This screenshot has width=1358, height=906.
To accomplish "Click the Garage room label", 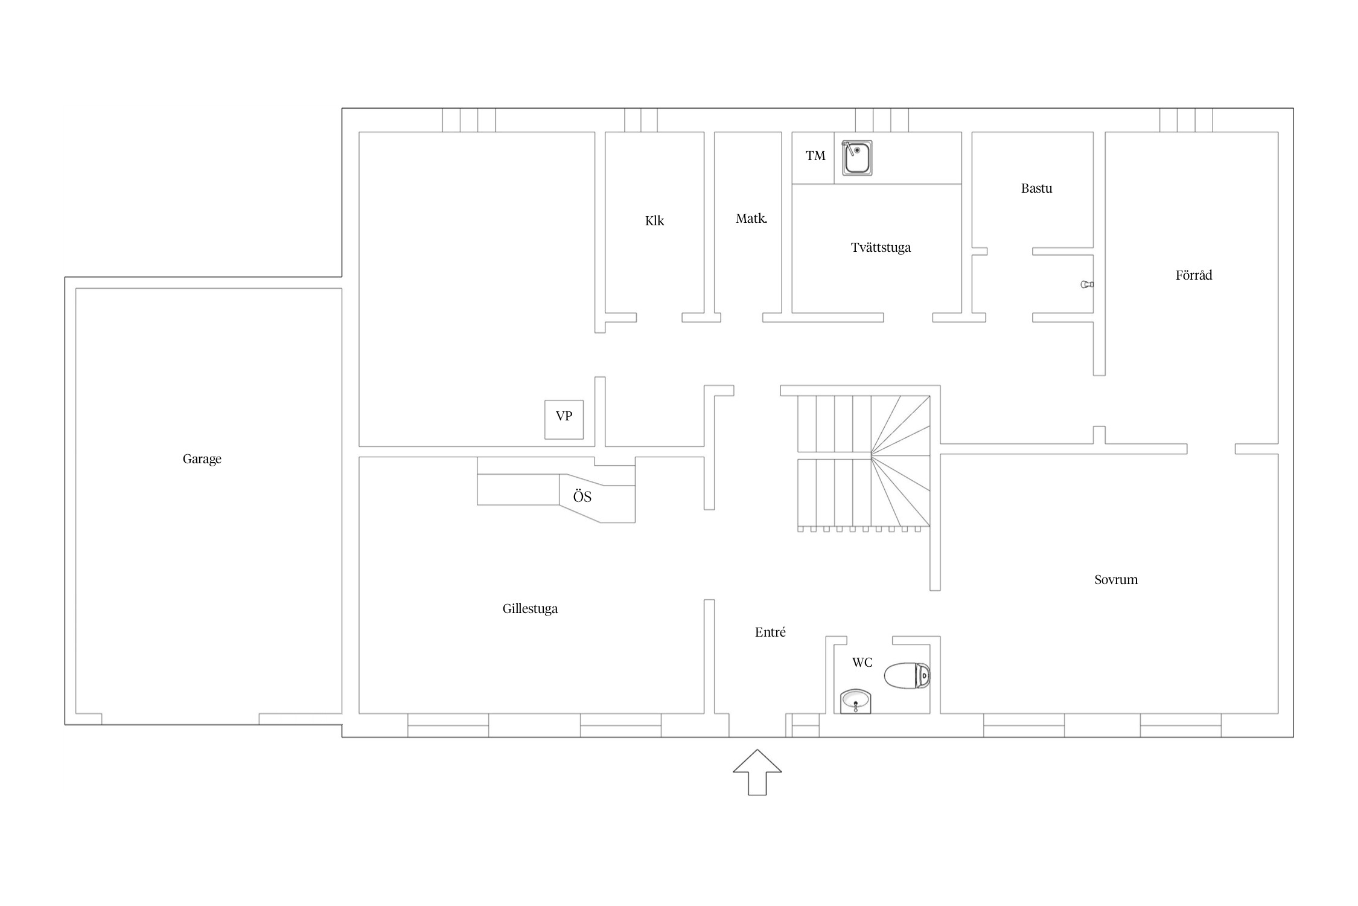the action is [x=202, y=459].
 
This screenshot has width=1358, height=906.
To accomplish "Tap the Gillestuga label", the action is [x=530, y=609].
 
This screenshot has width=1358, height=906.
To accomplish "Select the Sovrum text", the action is [x=1116, y=580].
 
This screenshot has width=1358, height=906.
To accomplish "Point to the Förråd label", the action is [x=1194, y=275].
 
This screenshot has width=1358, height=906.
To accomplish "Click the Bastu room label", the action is [x=1036, y=188].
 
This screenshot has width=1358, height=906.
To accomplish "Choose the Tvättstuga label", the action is [x=881, y=248].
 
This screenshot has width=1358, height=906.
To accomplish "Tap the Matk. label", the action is [x=751, y=219].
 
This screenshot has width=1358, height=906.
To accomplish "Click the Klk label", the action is [x=654, y=221].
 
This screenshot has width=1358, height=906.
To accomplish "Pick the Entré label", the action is [x=770, y=632].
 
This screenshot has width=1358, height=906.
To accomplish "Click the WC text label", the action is [x=862, y=663].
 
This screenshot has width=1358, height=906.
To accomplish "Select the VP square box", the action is [x=564, y=420].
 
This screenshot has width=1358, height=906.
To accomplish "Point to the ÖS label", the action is [x=582, y=496].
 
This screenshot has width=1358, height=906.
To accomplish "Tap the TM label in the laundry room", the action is [x=815, y=156].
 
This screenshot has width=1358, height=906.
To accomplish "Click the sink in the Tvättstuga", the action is [x=857, y=158].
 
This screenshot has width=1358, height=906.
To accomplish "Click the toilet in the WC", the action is [x=907, y=675].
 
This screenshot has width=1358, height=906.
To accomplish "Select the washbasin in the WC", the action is [x=856, y=701].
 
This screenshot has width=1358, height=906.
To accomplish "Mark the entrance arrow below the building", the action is [x=757, y=773].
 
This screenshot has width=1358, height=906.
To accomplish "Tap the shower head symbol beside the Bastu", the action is [x=1087, y=284].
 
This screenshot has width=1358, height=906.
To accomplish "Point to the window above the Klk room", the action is [x=641, y=120].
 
